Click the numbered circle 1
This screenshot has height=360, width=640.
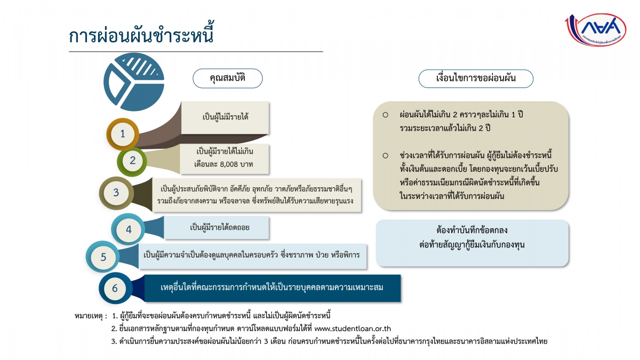coord(123,134)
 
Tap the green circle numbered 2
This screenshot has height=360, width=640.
coord(132,161)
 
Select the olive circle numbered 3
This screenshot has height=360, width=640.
coord(116,193)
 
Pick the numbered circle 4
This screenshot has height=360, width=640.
coord(129,229)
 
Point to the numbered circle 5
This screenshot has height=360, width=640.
coord(103,257)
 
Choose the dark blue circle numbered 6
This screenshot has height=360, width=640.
coord(115,288)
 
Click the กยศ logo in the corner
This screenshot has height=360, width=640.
coord(596,30)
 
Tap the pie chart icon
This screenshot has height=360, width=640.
coord(134,82)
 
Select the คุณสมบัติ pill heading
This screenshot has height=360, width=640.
coord(228,78)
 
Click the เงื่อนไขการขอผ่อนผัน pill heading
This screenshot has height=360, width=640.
coord(476,78)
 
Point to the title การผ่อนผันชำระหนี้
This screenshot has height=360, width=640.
coord(141,34)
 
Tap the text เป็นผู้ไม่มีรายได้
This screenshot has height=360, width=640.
coord(226,117)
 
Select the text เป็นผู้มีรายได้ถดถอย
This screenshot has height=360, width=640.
coord(219,227)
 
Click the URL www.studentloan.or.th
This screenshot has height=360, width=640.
coord(353,329)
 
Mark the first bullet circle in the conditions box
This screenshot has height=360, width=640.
coord(386,115)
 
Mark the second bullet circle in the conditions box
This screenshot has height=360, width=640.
coord(386,156)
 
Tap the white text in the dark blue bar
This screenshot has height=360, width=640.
coord(271,287)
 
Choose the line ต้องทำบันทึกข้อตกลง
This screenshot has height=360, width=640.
coord(472,230)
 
